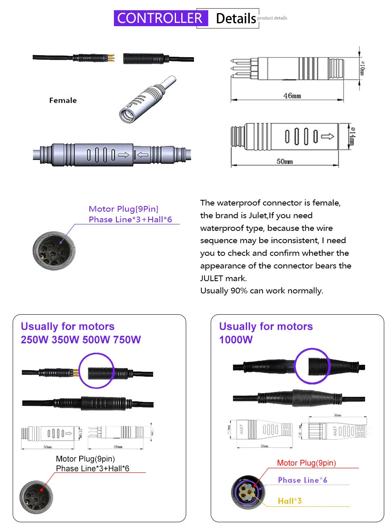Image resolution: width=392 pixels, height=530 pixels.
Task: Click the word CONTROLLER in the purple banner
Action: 160,18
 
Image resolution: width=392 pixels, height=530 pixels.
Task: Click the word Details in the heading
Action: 236,19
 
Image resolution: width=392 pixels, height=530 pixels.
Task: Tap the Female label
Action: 63,101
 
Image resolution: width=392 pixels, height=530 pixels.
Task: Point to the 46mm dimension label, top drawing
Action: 292,96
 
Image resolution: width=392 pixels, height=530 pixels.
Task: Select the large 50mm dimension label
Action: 285,161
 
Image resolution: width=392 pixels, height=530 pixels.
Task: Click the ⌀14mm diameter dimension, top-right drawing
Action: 352,136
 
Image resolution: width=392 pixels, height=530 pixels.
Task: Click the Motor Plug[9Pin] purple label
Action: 123,209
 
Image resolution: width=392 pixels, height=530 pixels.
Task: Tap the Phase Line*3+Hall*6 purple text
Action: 130,219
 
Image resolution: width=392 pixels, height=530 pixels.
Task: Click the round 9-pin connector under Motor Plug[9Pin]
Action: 54,251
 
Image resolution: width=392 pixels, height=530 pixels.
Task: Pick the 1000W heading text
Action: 236,340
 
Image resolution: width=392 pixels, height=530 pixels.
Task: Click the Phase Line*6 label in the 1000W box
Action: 303,480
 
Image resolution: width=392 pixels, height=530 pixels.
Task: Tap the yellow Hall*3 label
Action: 290,501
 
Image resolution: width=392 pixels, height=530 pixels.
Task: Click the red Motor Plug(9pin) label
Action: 306,463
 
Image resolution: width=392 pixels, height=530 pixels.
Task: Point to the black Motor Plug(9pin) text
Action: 85,459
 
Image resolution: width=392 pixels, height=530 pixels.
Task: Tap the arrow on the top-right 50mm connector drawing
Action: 327,136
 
